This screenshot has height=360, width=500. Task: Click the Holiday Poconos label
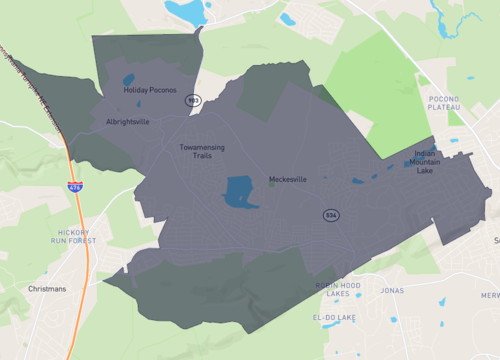[150, 90]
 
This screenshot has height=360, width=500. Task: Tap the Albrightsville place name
[128, 122]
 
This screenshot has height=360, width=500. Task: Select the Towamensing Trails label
[201, 151]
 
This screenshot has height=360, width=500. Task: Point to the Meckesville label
[287, 180]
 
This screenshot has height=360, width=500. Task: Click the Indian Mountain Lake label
[432, 162]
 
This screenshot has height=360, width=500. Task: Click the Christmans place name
[47, 289]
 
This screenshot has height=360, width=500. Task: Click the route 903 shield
[193, 100]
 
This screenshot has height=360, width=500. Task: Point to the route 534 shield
[330, 215]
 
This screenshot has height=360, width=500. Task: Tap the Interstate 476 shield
[75, 186]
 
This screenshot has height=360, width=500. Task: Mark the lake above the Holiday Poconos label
[128, 80]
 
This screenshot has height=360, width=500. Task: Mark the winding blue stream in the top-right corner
[440, 20]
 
